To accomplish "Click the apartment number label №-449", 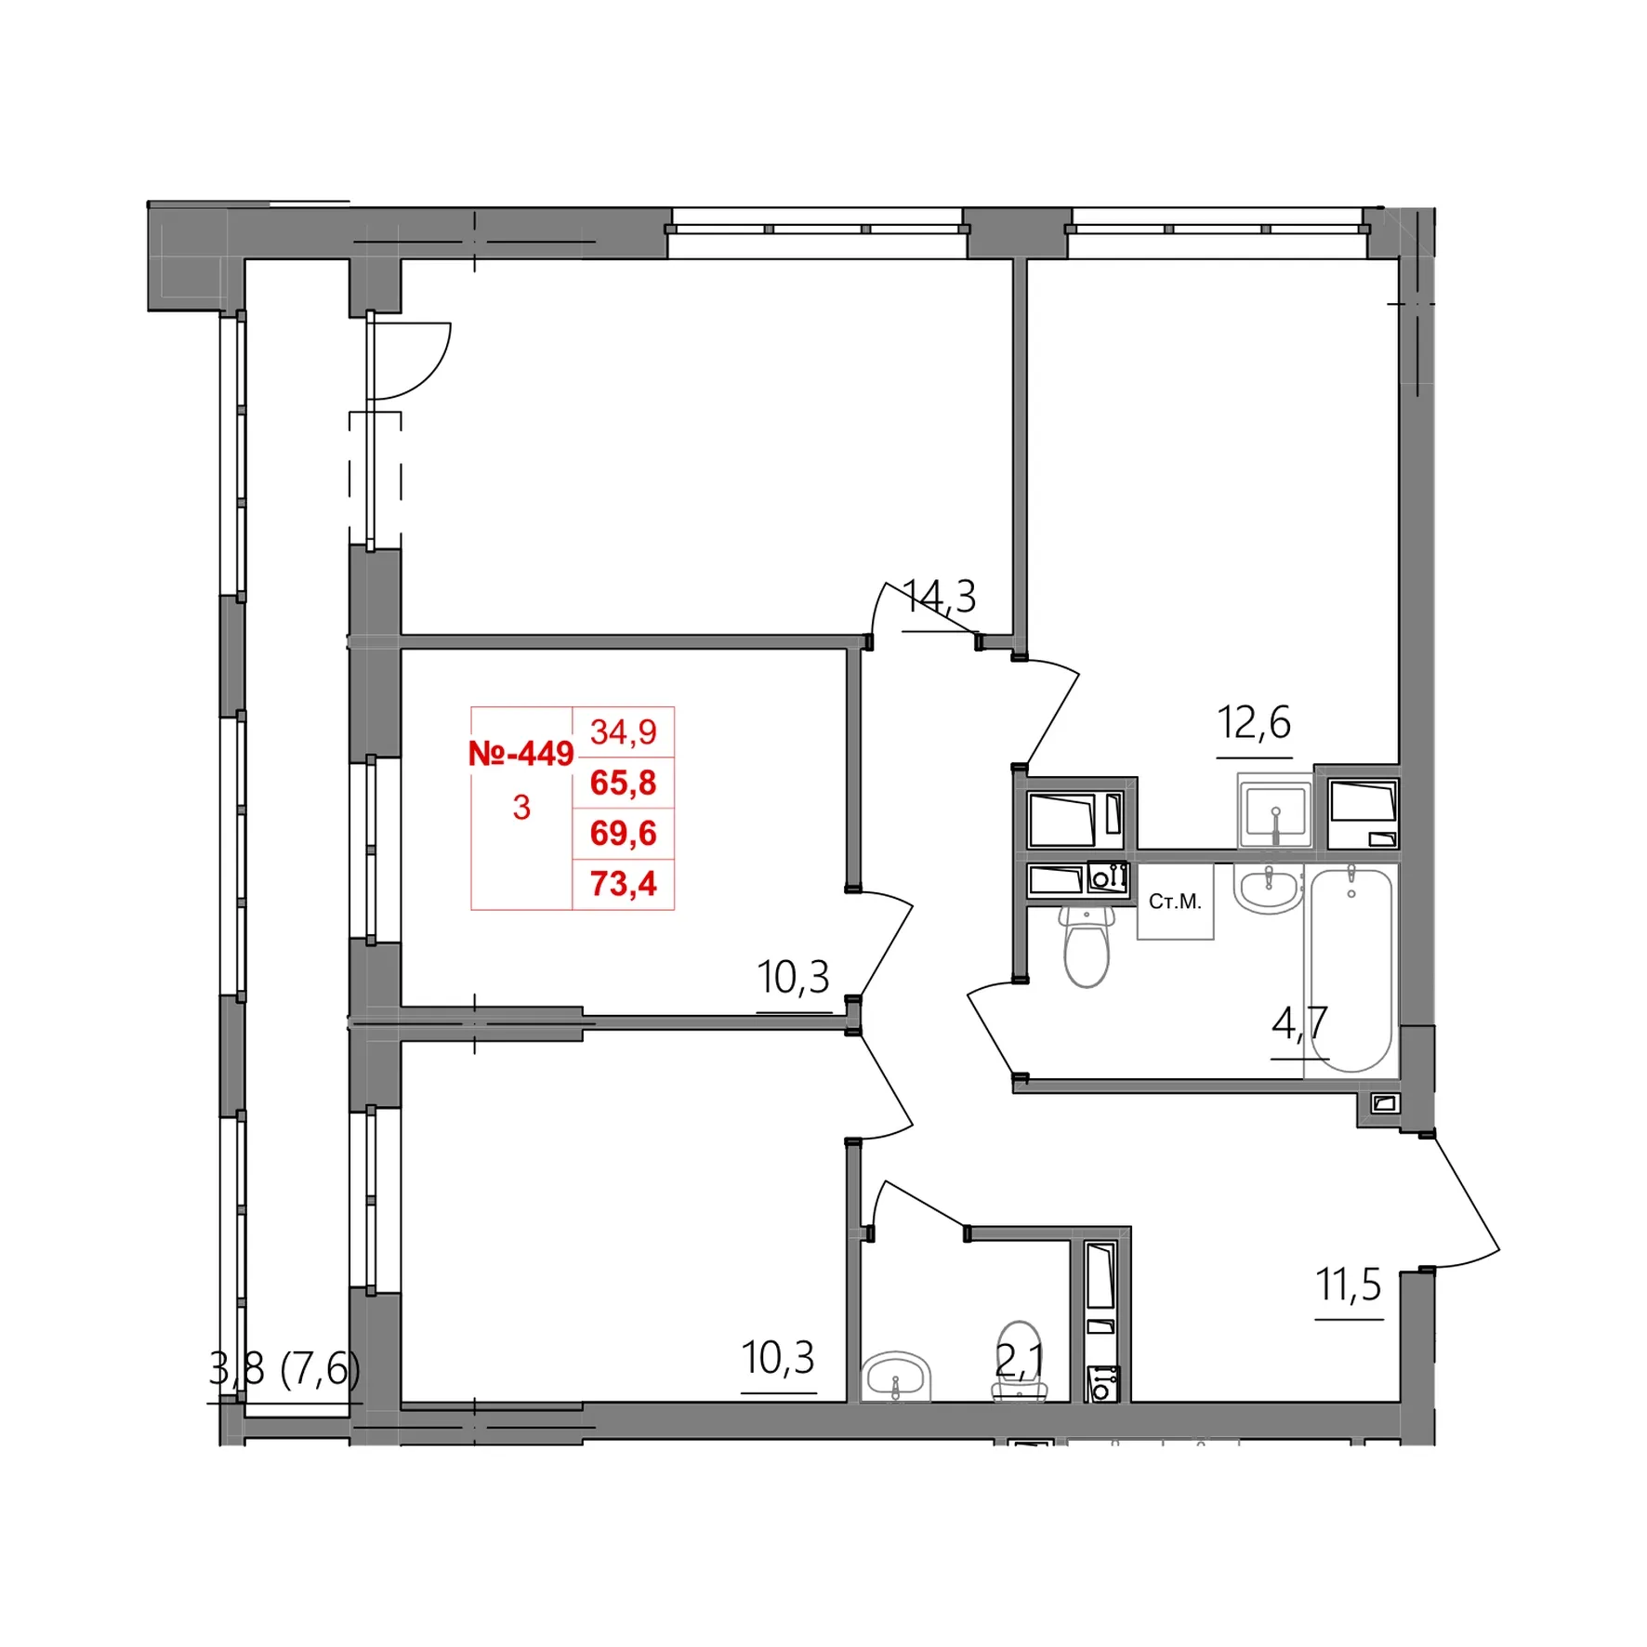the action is click(520, 754).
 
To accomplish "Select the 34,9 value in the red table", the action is click(623, 732).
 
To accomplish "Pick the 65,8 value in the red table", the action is click(623, 783).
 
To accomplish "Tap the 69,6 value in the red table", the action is click(623, 833).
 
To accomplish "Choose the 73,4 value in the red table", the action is click(623, 883).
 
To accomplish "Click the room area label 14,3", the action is click(940, 597).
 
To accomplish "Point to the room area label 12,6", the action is click(1254, 722).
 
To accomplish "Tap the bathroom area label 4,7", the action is click(1299, 1023).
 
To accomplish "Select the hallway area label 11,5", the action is click(1349, 1285).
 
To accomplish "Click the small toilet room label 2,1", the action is click(1020, 1361).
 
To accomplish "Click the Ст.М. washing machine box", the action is click(1176, 902).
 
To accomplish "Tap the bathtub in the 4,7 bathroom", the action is click(1351, 969).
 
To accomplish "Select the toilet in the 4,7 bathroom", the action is click(1087, 945).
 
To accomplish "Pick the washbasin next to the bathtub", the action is click(1267, 889).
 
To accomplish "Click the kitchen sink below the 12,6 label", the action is click(1275, 811).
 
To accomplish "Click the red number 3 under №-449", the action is click(521, 808).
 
